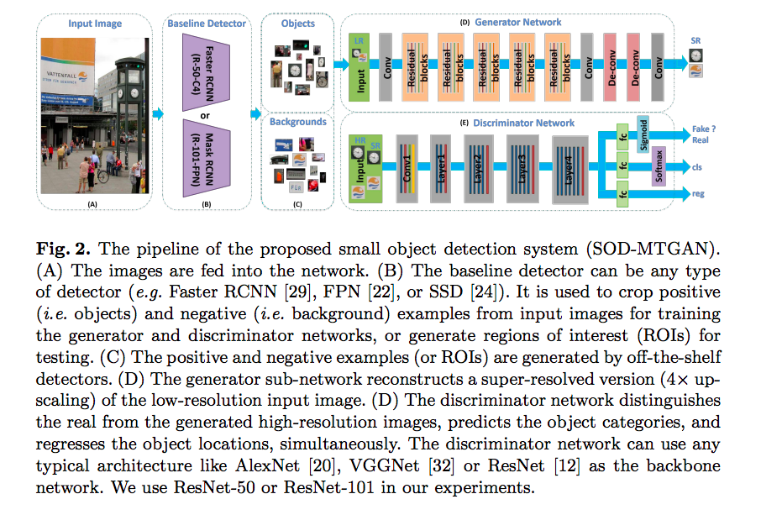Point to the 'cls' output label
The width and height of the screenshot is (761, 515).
click(x=697, y=166)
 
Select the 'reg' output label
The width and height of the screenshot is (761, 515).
click(x=697, y=194)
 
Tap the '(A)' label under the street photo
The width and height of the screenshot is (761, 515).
click(x=92, y=203)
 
